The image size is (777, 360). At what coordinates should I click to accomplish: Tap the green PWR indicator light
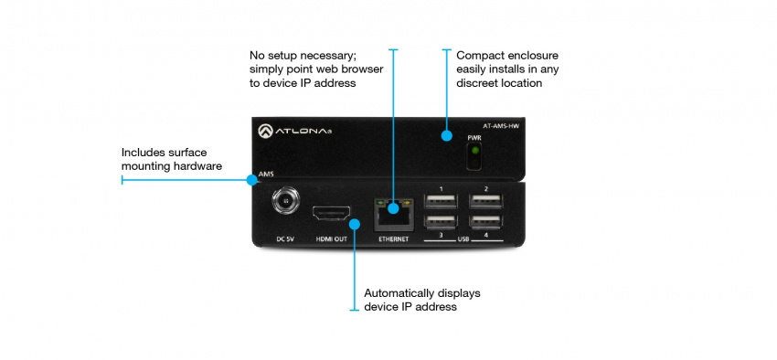[x=474, y=158]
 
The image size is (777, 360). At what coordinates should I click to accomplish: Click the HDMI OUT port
[x=334, y=215]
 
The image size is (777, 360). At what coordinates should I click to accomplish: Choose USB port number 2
[x=485, y=203]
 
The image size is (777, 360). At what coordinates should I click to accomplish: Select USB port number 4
[x=485, y=221]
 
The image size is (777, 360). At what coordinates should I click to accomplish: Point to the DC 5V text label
[x=285, y=238]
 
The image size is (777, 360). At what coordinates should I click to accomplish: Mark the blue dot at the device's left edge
[x=250, y=180]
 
